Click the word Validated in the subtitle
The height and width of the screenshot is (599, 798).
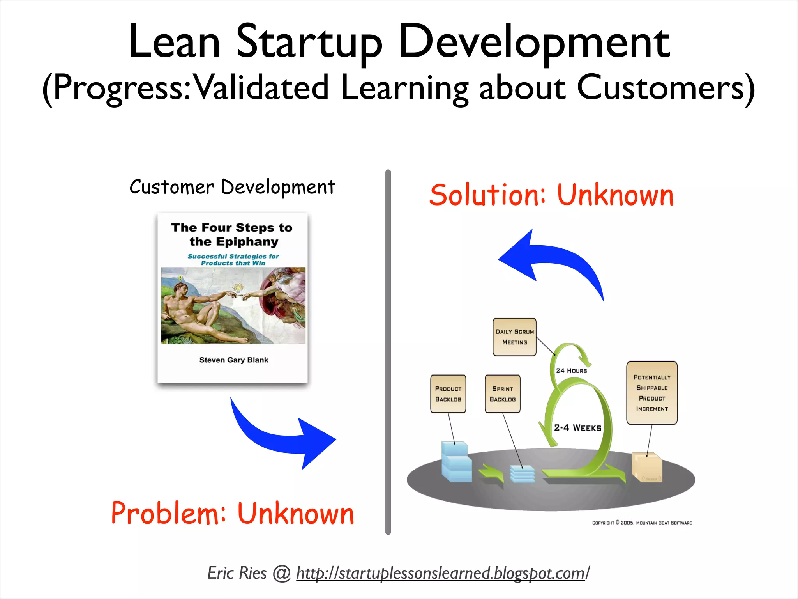tap(261, 88)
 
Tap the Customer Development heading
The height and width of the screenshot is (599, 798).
tap(232, 187)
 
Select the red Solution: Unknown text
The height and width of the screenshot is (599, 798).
tap(551, 195)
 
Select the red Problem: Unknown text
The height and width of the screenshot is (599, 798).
tap(233, 513)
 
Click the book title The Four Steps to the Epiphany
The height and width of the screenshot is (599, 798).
tap(232, 234)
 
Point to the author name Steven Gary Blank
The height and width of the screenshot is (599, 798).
tap(233, 360)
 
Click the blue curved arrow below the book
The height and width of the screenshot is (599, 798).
tap(281, 437)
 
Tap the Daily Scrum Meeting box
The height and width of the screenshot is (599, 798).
tap(514, 337)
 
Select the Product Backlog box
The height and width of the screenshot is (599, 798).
tap(448, 394)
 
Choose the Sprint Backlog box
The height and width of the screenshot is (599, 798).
tap(502, 394)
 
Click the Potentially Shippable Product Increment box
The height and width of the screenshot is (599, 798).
tap(652, 393)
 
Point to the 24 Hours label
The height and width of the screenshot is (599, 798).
tap(571, 371)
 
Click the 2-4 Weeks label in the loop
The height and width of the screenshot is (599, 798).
tap(577, 428)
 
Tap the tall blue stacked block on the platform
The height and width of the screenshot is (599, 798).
tap(456, 462)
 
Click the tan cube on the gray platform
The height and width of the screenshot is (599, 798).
tap(647, 467)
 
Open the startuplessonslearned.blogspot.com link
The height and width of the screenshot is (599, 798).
tap(440, 573)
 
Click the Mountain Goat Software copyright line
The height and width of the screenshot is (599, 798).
tap(642, 523)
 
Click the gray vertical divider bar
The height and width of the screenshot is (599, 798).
tap(388, 351)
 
